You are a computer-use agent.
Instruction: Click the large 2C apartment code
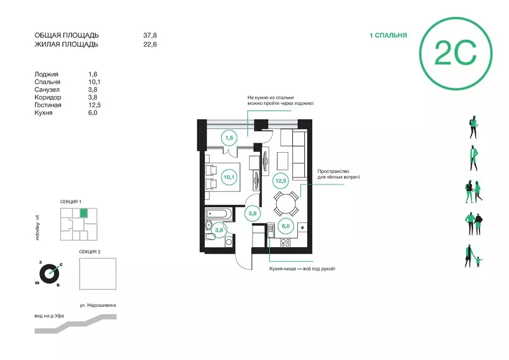tap(455, 53)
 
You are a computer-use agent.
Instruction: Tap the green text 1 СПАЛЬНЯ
tap(388, 35)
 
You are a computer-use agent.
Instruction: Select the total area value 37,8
tap(150, 35)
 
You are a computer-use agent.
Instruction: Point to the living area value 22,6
tap(150, 44)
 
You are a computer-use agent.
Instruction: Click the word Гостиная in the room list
tap(48, 105)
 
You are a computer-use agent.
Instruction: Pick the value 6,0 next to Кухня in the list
tap(92, 113)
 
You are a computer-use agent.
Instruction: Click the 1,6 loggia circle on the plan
tap(229, 138)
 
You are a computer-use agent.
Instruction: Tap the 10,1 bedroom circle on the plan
tap(229, 177)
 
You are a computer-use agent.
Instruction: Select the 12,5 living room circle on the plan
tap(280, 180)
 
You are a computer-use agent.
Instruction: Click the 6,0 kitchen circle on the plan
tap(286, 226)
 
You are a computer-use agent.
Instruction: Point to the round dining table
tap(286, 204)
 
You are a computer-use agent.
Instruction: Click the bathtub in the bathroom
tap(219, 214)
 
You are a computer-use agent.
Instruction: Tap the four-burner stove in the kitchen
tap(285, 242)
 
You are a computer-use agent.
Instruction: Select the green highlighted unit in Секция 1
tap(84, 213)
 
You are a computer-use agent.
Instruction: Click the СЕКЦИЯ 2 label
tap(89, 252)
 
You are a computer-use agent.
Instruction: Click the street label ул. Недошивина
tap(98, 305)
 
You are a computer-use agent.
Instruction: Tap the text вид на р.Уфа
tap(49, 316)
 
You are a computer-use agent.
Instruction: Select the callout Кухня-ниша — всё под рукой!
tap(302, 269)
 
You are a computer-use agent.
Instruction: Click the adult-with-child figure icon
tap(473, 256)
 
